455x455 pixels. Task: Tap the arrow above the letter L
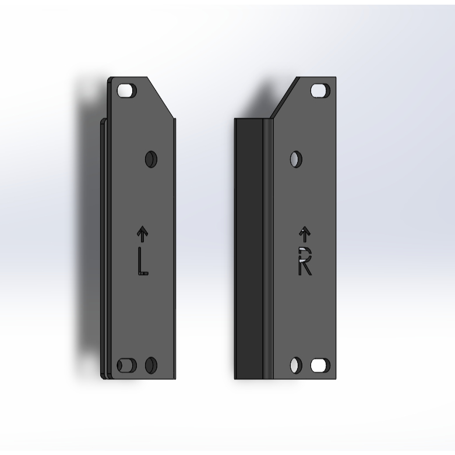coord(142,234)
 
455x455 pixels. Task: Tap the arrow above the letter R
coord(304,234)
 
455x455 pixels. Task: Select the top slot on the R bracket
coord(320,90)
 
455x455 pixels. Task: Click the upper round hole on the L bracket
coord(151,158)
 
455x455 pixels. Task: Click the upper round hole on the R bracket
coord(296,158)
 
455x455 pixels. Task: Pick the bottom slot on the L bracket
coord(126,365)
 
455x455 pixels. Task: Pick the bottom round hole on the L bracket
coord(151,365)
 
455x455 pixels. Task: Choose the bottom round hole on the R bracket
coord(296,365)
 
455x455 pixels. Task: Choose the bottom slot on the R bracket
coord(320,365)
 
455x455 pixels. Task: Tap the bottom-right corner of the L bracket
coord(174,378)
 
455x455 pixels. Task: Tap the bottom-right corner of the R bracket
coord(336,378)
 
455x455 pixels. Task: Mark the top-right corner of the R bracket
coord(336,78)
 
